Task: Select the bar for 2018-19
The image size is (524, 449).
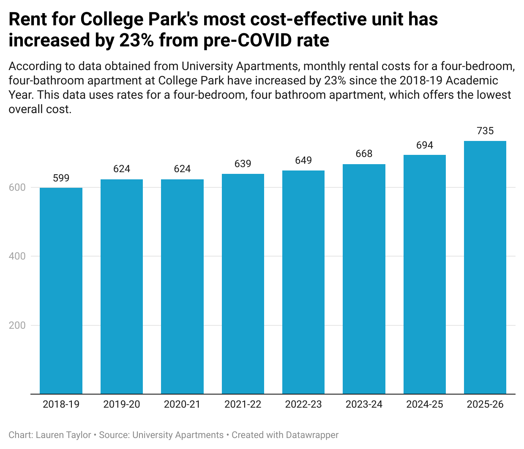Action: coord(61,291)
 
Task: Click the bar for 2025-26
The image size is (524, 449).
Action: coord(485,268)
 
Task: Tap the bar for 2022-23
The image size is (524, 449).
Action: coord(303,282)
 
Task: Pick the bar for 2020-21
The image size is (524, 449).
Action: coord(182,287)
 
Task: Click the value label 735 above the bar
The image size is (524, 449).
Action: coord(485,131)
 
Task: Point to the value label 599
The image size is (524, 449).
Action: coord(61,178)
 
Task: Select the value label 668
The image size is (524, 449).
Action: coord(364,154)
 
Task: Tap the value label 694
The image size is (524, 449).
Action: coord(425,145)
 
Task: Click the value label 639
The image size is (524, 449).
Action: coord(243,164)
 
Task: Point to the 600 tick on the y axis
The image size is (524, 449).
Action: coord(17,187)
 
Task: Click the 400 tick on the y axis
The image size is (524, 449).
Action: coord(17,256)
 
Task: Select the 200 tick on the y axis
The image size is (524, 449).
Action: coord(17,325)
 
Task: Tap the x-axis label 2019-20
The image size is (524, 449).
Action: coord(122,404)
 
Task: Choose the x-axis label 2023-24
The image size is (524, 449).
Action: coord(364,404)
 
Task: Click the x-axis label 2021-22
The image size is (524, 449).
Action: coord(243,404)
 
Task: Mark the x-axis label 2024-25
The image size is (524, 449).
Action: coord(425,404)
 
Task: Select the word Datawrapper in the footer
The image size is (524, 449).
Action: coord(312,435)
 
